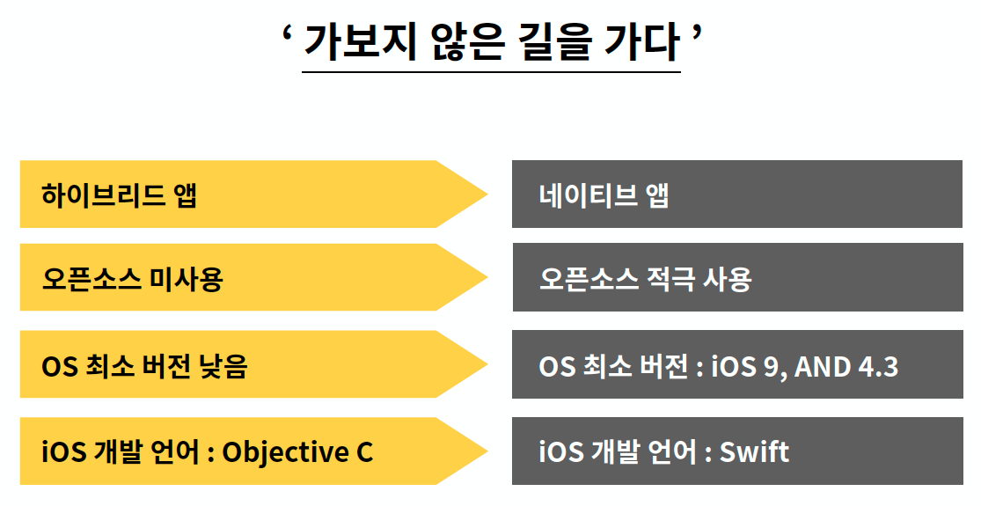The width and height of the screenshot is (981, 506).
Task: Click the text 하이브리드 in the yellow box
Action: point(103,194)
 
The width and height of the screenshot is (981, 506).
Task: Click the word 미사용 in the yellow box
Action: point(187,278)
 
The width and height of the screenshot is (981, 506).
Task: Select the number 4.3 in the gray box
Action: point(878,367)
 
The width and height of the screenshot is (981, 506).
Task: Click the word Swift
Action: point(755,451)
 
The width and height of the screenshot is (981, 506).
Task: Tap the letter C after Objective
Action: point(365,452)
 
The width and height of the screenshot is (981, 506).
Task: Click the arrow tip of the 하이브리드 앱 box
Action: point(487,194)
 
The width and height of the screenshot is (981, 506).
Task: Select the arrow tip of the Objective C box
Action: point(487,451)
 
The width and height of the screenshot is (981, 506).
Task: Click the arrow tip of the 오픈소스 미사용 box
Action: point(487,277)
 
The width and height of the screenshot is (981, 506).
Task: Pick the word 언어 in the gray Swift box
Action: point(671,451)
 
